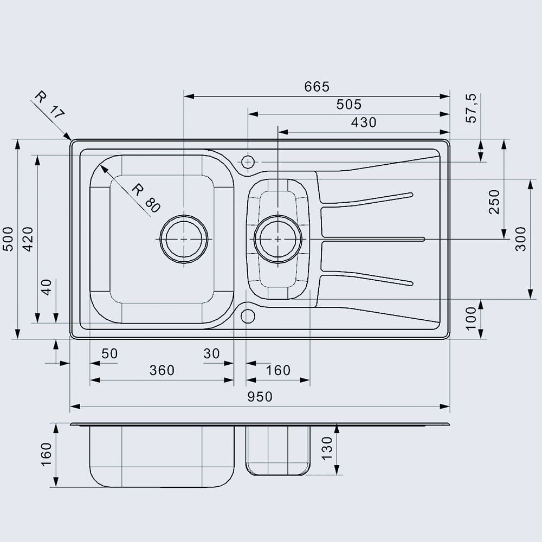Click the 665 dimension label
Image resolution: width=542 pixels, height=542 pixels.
(317, 87)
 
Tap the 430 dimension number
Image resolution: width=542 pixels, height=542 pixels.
(363, 122)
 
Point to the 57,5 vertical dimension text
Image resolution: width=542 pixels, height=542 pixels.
(472, 108)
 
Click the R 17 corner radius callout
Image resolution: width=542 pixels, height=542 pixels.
(49, 105)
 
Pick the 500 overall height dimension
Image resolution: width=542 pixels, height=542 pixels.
(8, 239)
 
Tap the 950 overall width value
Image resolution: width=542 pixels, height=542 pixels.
(260, 397)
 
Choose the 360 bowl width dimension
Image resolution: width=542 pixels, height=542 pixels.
(162, 370)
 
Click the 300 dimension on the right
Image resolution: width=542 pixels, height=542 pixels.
(521, 239)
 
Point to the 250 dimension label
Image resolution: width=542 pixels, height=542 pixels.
(494, 202)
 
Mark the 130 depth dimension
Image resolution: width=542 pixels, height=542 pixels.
(327, 448)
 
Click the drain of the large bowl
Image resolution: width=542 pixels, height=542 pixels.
(184, 239)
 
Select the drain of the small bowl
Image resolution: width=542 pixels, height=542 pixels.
(278, 239)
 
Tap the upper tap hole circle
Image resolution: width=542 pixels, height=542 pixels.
(248, 162)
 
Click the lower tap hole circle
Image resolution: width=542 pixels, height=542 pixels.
(248, 315)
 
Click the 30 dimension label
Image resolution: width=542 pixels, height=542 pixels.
(211, 353)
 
